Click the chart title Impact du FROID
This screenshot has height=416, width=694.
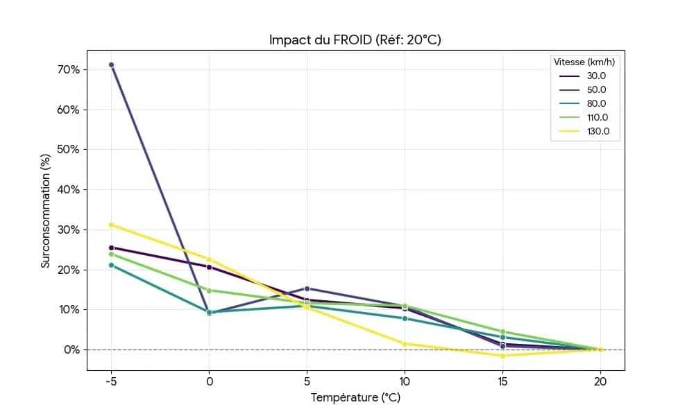click(355, 40)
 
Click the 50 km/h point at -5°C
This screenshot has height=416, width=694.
click(111, 64)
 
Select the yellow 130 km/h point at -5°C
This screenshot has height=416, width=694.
click(111, 225)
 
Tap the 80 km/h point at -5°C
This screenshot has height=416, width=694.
click(111, 265)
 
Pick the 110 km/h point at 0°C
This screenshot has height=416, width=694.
click(209, 291)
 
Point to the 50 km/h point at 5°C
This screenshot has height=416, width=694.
click(307, 288)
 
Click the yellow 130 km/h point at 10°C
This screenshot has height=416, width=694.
click(405, 344)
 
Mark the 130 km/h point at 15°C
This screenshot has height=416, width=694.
click(502, 356)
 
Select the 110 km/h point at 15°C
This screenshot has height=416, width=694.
click(502, 332)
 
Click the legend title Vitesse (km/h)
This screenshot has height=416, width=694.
click(584, 62)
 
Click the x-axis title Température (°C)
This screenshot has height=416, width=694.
click(355, 398)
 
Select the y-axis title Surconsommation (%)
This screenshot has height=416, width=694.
click(46, 209)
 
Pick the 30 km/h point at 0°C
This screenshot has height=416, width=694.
click(209, 267)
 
